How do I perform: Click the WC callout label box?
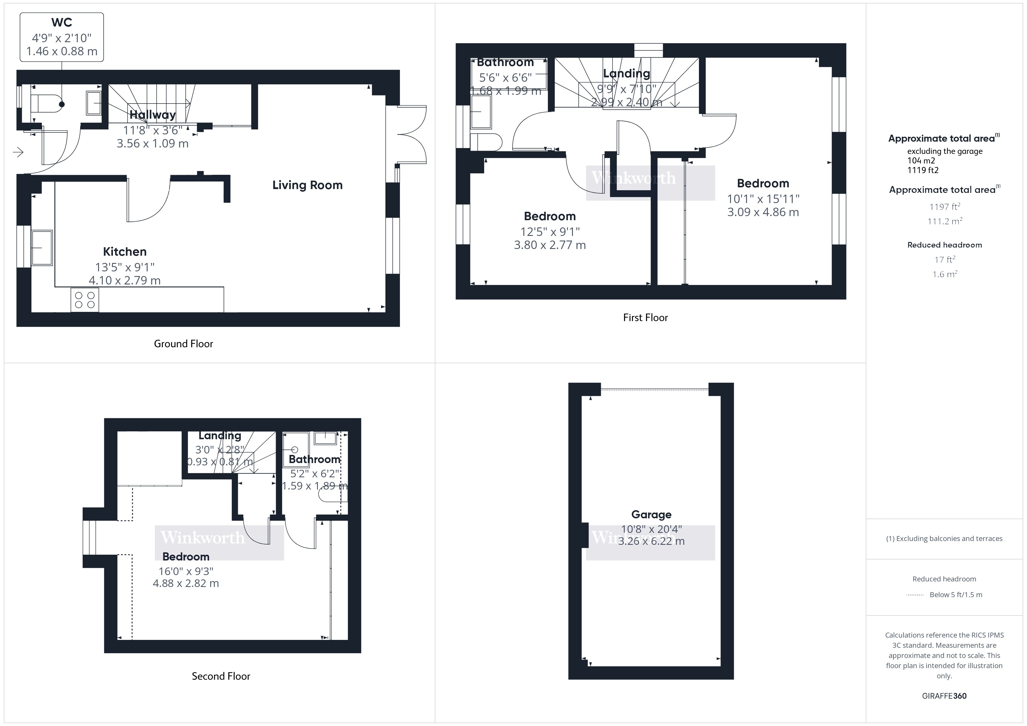pos(62,37)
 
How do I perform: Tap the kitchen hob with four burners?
pos(84,300)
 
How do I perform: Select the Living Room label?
pos(307,185)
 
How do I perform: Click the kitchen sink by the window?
pos(42,247)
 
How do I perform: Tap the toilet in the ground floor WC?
pos(47,104)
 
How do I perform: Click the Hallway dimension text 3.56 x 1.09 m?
pos(153,143)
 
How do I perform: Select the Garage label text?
pos(651,515)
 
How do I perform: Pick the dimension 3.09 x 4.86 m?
pos(763,212)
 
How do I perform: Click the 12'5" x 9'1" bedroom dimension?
pos(550,232)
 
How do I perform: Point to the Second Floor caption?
pos(221,676)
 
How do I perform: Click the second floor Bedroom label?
pos(186,556)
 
